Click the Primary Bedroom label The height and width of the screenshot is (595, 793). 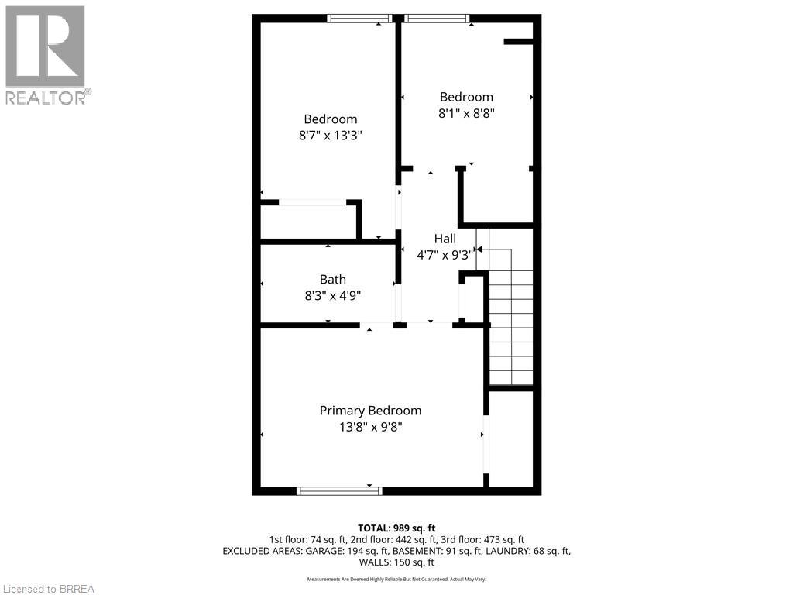(371, 411)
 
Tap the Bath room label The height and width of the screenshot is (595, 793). (333, 280)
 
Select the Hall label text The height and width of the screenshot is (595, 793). (445, 239)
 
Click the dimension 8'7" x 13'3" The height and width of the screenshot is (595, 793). (331, 135)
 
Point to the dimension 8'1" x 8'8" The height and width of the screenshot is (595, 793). (466, 112)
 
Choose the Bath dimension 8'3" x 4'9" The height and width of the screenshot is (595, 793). (333, 295)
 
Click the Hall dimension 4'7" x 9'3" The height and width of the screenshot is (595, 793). (445, 253)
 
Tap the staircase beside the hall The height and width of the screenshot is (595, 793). (511, 318)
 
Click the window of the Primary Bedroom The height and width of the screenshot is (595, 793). (339, 490)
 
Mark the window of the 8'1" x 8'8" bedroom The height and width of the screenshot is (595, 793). (437, 18)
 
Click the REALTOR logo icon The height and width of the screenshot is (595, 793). (45, 46)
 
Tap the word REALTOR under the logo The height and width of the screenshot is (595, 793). (46, 98)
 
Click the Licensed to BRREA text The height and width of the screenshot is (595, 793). (48, 588)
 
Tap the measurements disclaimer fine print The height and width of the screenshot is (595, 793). (396, 579)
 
